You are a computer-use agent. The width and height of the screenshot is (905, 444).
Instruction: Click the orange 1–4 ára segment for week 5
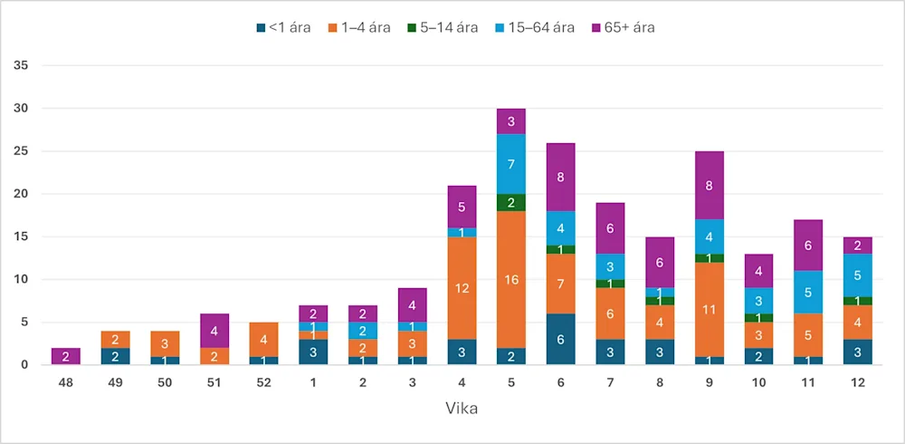click(x=511, y=279)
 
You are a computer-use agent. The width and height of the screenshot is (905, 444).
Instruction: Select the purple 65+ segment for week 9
click(x=708, y=185)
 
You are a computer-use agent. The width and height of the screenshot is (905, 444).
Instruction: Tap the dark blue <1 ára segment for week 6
click(x=560, y=339)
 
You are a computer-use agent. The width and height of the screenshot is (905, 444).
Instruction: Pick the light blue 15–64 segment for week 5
click(x=511, y=164)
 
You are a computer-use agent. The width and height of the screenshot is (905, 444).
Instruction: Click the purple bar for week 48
click(x=65, y=356)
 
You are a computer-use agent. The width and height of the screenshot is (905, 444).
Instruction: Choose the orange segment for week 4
click(x=462, y=288)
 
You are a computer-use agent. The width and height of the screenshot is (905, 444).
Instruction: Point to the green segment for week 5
click(x=511, y=202)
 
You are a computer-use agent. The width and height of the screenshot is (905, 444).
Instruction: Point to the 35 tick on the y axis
click(x=23, y=66)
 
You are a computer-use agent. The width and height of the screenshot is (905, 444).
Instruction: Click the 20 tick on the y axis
click(x=23, y=194)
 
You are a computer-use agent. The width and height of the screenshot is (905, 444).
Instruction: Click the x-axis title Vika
click(x=462, y=409)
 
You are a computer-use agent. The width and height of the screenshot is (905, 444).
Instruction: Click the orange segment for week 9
click(x=708, y=310)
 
